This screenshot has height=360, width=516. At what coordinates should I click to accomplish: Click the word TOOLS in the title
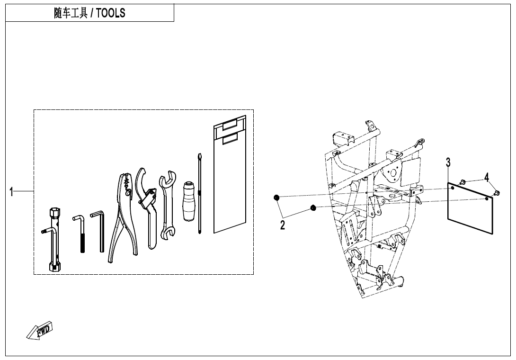coord(111,13)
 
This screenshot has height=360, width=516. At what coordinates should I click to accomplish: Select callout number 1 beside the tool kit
coord(11,192)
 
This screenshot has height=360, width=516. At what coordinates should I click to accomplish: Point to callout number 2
coord(282,225)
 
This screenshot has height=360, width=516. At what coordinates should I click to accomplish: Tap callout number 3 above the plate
coord(448,162)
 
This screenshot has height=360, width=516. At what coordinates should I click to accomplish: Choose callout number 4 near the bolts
coord(486,178)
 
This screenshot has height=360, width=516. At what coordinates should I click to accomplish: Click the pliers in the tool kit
coord(123,218)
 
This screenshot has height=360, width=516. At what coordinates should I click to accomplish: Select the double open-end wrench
coord(167,204)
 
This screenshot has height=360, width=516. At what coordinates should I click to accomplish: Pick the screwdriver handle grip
coord(189,200)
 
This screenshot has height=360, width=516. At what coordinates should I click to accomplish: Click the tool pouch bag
coord(230,174)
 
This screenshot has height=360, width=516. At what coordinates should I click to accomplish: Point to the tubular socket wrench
coord(54,240)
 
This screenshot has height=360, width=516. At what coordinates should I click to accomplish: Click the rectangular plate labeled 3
coord(470,208)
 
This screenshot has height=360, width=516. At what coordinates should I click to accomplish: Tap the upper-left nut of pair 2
coord(277,198)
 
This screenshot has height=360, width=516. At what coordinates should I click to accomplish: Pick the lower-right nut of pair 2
coord(313,207)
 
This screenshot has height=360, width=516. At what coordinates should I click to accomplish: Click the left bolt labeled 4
coord(462,181)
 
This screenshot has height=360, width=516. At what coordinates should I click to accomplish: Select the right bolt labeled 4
coord(497,193)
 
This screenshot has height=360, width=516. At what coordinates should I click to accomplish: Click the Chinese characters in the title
coord(71,13)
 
